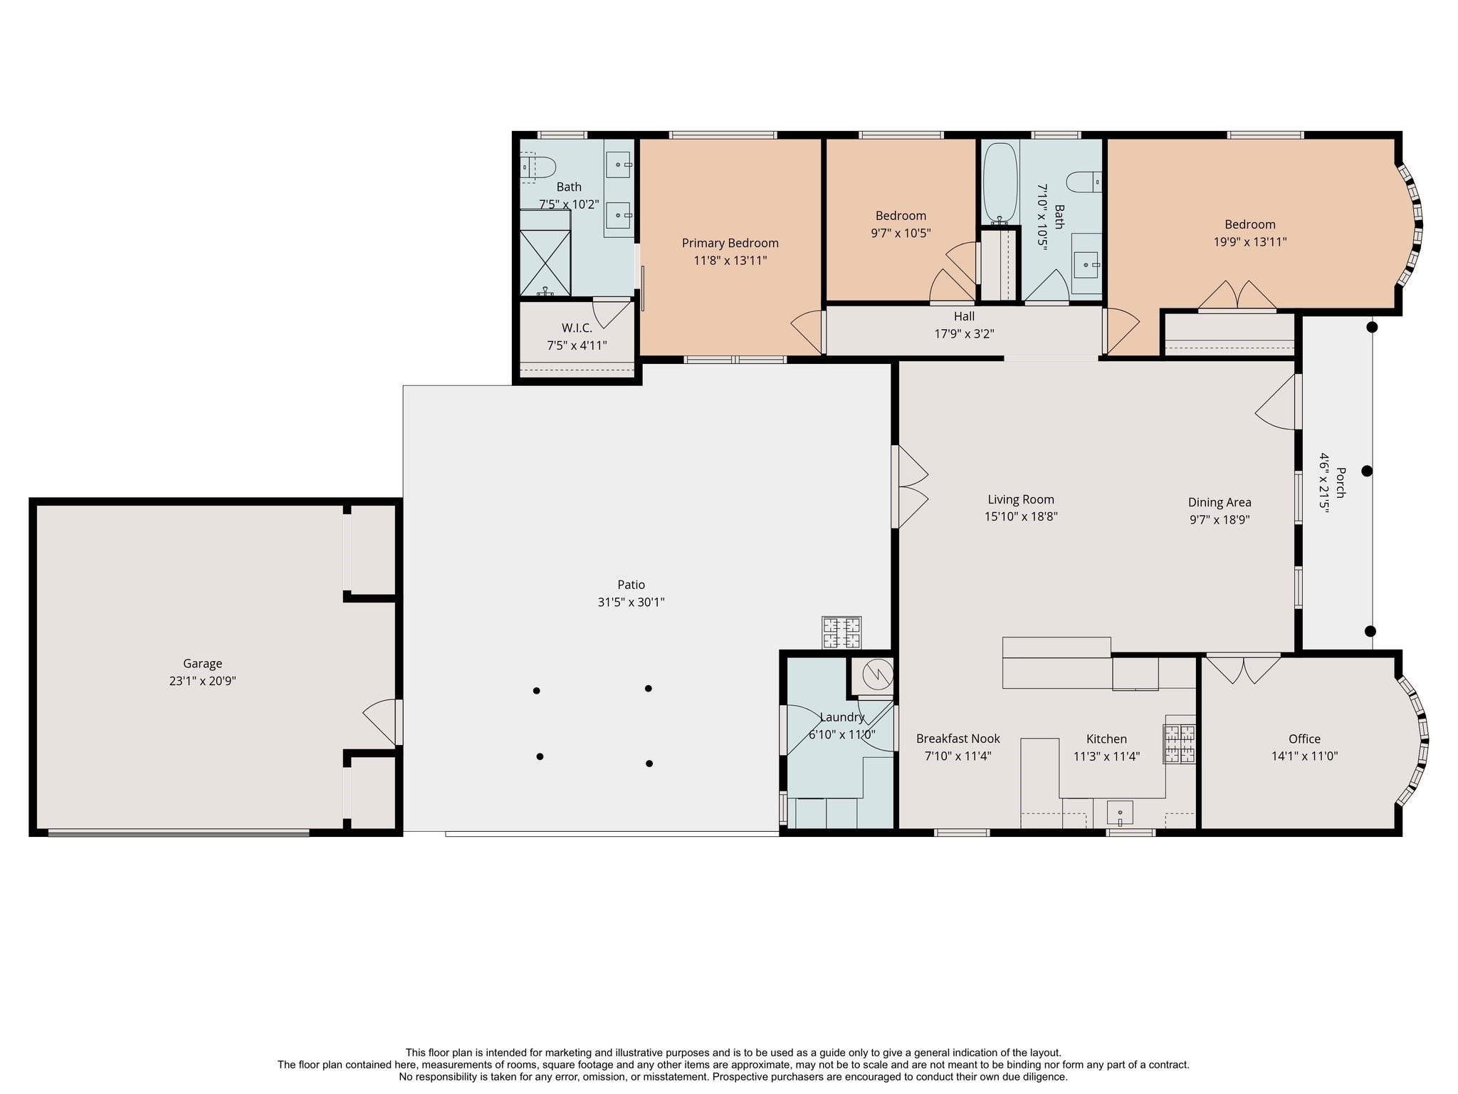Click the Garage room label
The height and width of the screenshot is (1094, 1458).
(x=202, y=664)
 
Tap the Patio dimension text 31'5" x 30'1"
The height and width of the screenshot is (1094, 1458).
(x=631, y=602)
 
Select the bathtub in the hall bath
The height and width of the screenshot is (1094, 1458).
(x=1000, y=183)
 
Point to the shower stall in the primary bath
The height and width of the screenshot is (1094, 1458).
(x=545, y=253)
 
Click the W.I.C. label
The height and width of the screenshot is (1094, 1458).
(x=577, y=328)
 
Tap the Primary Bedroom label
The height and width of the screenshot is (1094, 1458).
(x=730, y=243)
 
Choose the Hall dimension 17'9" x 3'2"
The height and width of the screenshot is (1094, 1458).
(x=964, y=333)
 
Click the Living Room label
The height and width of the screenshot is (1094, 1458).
(x=1021, y=499)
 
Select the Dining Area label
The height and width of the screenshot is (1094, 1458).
(x=1220, y=502)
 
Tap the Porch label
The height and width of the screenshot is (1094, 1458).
(x=1341, y=482)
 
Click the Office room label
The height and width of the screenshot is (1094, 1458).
(x=1304, y=739)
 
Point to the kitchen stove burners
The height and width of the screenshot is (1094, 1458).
(x=1180, y=744)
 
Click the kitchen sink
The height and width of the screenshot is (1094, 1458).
(x=1120, y=812)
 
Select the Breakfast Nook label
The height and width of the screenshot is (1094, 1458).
(x=958, y=739)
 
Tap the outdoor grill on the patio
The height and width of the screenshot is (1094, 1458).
(x=841, y=632)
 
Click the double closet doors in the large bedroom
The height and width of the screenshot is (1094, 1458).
(x=1237, y=296)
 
